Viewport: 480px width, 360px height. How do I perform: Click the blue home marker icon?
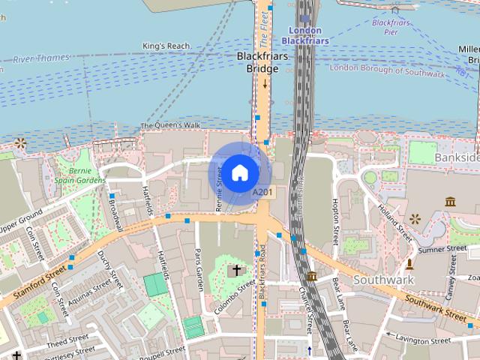coord(238,172)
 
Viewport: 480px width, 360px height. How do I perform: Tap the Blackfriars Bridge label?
coord(257,62)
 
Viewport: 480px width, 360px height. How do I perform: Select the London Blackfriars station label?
coord(305,35)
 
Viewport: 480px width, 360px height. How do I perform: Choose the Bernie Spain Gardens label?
coord(80,175)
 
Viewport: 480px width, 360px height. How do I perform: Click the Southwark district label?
coord(383,280)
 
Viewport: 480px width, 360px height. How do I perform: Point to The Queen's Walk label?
coord(170,124)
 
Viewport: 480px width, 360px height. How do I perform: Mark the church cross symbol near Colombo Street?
coord(236,269)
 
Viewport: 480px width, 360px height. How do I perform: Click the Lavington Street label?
coord(421,340)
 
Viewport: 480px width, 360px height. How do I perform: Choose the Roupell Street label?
coord(163,352)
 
